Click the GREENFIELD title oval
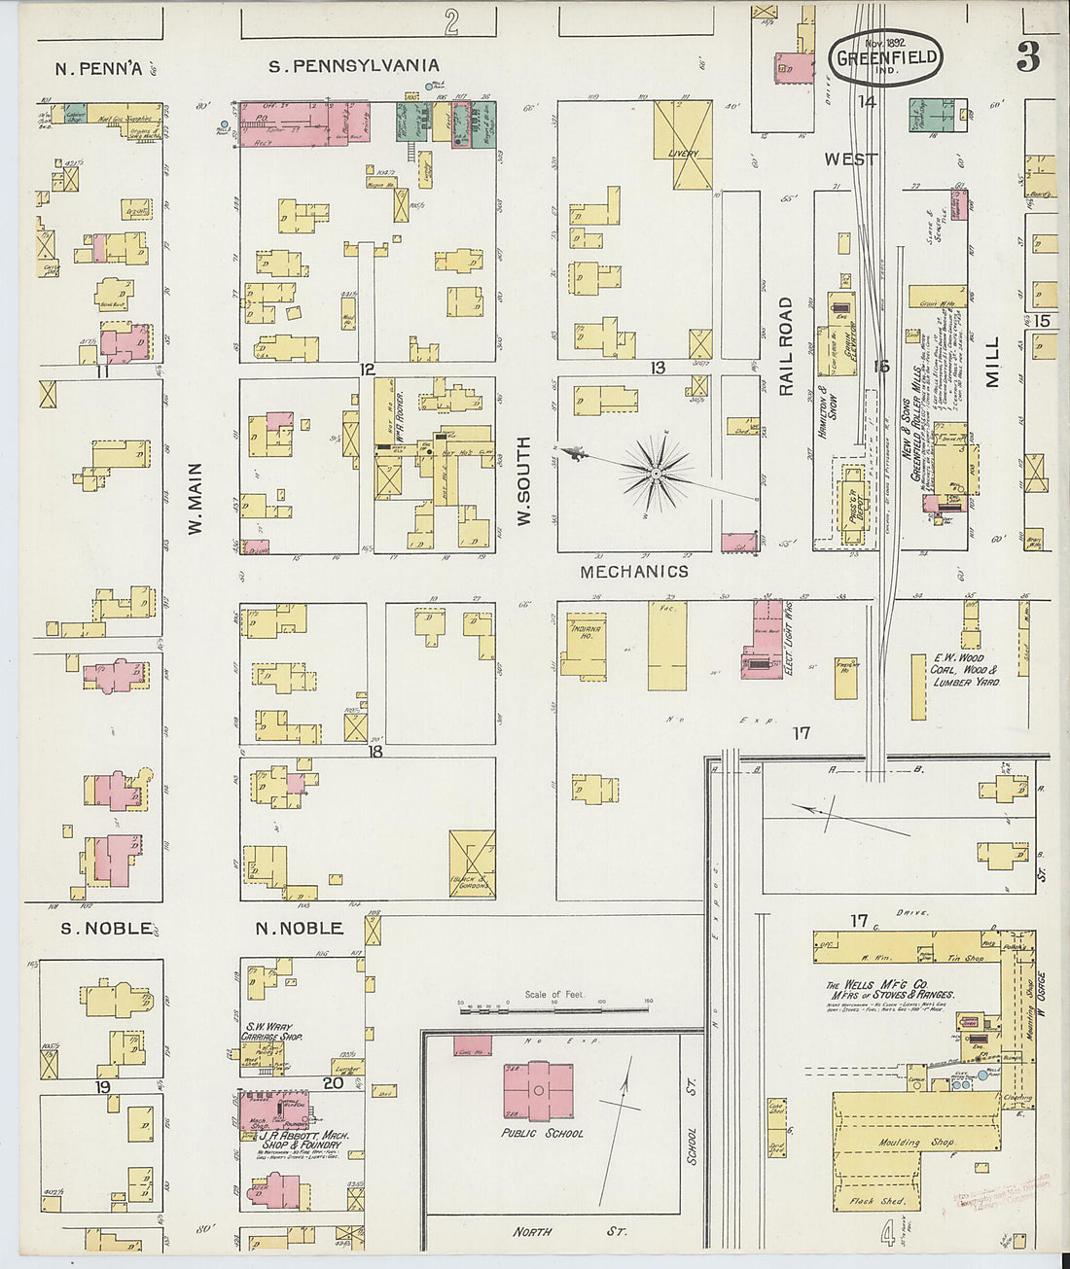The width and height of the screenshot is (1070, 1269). pos(885,56)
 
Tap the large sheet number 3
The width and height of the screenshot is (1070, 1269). pos(1027,58)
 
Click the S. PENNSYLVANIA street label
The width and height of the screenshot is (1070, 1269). pos(354,66)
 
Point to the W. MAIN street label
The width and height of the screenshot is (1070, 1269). pos(196,498)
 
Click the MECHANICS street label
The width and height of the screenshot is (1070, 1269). pos(634,572)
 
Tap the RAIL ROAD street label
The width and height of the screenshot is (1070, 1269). pos(786,346)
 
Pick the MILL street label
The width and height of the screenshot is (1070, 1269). pos(992,363)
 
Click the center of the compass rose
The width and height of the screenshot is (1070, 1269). pos(657,475)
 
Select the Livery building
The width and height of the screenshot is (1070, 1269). pos(683,145)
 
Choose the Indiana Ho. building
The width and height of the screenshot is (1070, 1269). pos(584,645)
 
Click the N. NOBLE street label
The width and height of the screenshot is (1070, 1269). pos(299,928)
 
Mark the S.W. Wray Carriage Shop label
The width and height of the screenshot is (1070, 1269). pos(271,1031)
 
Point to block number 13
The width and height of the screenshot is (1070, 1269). pos(659,368)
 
